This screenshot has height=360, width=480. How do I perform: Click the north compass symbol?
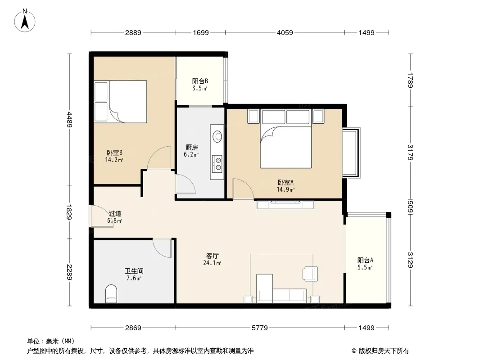(x=25, y=21)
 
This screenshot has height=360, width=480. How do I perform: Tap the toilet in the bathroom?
(x=111, y=294)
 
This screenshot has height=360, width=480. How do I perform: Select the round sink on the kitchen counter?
(x=217, y=136)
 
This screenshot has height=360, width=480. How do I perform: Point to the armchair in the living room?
(x=310, y=274)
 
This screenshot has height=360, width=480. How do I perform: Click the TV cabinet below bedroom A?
(x=285, y=204)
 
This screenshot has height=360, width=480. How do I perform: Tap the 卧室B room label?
(x=114, y=153)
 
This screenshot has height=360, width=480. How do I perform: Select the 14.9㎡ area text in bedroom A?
(x=285, y=189)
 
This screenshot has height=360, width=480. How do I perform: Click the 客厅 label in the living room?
(x=212, y=256)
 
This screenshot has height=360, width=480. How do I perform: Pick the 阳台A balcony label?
(x=365, y=260)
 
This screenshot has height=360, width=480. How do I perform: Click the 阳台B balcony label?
(x=200, y=81)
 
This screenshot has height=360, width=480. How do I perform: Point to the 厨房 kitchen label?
(x=192, y=148)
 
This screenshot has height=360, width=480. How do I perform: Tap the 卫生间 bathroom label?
(x=134, y=271)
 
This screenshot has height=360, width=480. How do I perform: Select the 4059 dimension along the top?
(x=285, y=32)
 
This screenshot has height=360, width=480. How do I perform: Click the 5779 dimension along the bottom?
(x=260, y=328)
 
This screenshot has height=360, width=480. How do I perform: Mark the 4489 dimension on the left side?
(x=70, y=120)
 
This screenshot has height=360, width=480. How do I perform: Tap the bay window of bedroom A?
(x=351, y=152)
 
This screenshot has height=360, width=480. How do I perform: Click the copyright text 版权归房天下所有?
(x=383, y=351)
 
